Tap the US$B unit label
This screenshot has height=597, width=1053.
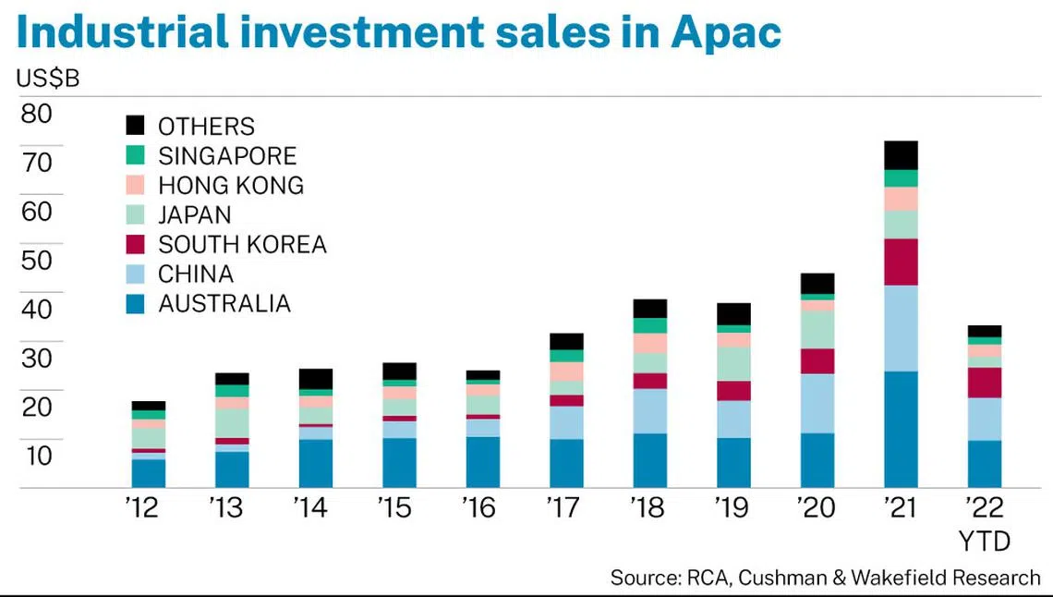click(x=48, y=79)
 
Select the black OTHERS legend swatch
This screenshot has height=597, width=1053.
click(x=136, y=126)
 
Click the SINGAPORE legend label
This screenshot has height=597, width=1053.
click(x=227, y=155)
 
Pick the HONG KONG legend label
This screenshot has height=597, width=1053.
click(x=231, y=185)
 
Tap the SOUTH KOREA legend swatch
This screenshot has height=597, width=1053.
click(x=136, y=244)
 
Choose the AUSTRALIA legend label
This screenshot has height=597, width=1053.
click(x=224, y=303)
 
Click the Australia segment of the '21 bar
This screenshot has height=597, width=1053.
click(x=901, y=429)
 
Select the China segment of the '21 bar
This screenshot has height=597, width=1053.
click(x=901, y=328)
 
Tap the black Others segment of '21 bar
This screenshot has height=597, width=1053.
click(x=901, y=155)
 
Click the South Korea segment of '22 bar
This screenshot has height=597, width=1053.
click(x=984, y=383)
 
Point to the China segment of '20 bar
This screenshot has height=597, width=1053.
click(x=817, y=403)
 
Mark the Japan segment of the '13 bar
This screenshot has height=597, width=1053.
click(x=232, y=422)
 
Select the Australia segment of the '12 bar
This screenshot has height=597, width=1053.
click(x=149, y=473)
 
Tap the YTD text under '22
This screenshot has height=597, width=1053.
click(x=984, y=540)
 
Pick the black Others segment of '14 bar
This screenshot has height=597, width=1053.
click(x=316, y=379)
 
